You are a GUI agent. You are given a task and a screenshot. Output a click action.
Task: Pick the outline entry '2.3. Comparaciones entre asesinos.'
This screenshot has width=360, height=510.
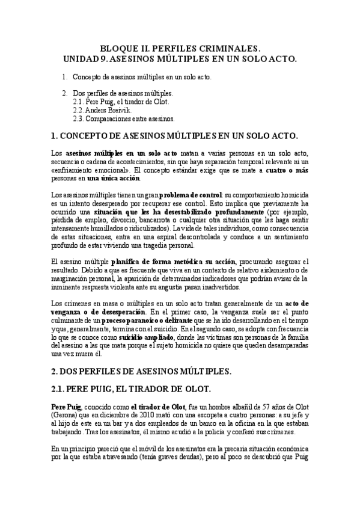click(123, 119)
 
